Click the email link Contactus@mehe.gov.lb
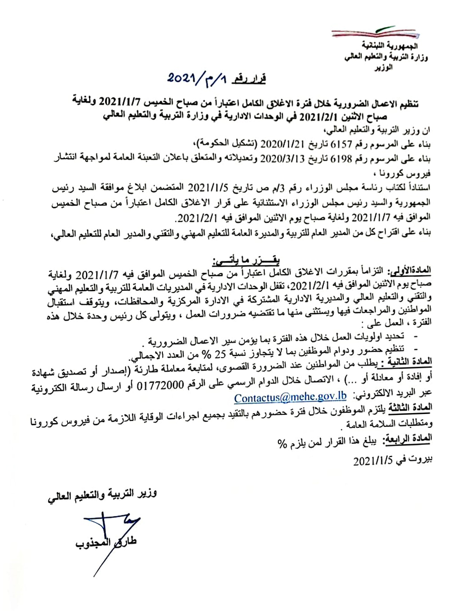coord(290,397)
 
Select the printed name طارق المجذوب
coord(105,543)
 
